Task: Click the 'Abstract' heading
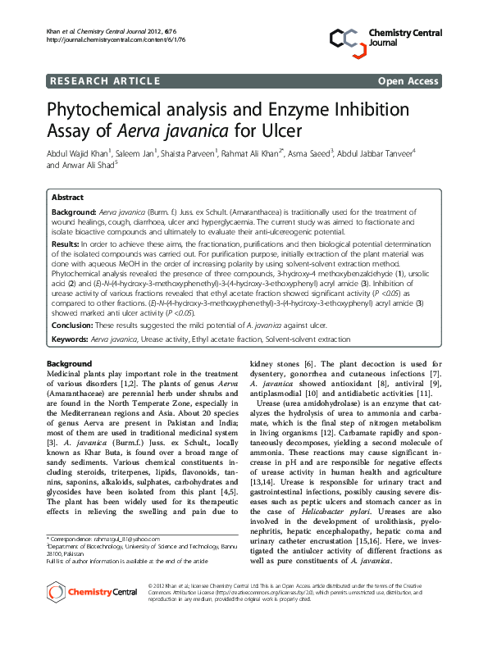coord(67,198)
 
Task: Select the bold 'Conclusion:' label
coord(72,325)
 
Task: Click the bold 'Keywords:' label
coord(71,339)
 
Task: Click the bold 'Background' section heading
coord(69,363)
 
